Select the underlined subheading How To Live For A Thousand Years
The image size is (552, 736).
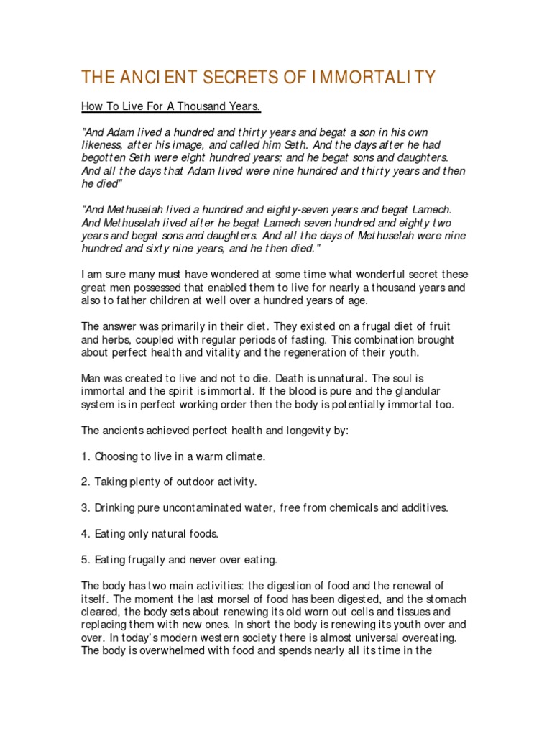coord(170,107)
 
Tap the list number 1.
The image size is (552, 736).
coord(85,456)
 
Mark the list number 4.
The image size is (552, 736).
coord(85,533)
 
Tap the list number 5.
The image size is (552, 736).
coord(85,559)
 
